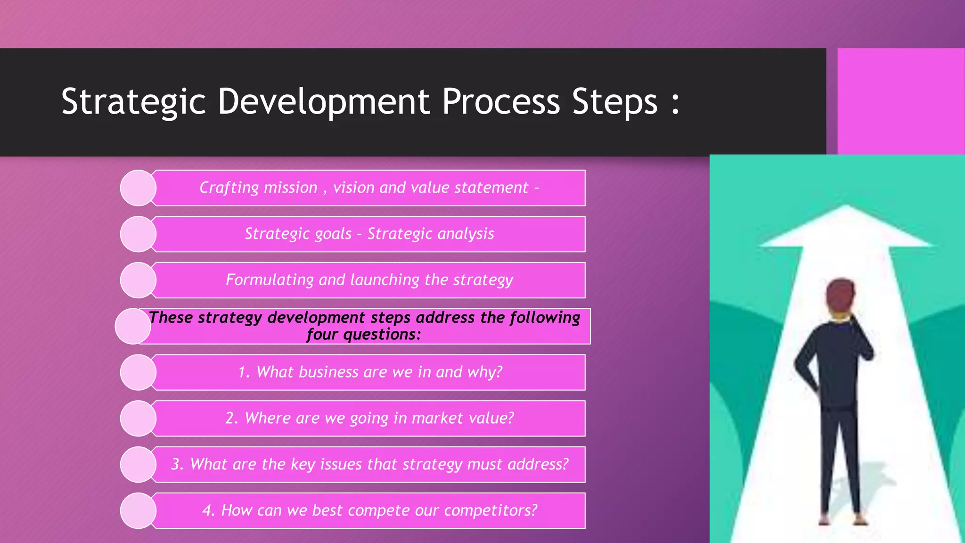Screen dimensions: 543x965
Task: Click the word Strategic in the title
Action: (x=134, y=102)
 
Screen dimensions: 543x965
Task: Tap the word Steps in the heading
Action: (x=614, y=102)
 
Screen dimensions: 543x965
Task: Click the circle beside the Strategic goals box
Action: (x=138, y=234)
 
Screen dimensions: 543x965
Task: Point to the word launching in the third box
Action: (x=384, y=280)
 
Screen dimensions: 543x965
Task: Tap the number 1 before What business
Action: (x=243, y=372)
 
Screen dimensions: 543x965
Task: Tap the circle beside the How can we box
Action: (x=138, y=510)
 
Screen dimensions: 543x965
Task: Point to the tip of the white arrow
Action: (x=847, y=207)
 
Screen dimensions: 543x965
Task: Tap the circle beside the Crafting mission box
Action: (x=138, y=188)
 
